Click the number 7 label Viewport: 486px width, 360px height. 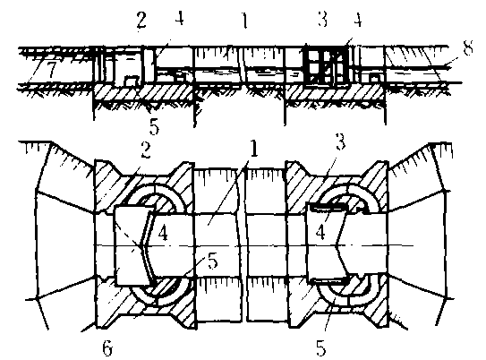(x=50, y=70)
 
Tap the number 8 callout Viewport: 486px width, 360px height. (x=467, y=48)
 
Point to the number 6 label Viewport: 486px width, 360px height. (x=107, y=347)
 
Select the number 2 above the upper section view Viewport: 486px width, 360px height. (x=141, y=21)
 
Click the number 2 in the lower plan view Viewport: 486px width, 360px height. (x=145, y=150)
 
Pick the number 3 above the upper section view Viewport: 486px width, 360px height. (x=322, y=19)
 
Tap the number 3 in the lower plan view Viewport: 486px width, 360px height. (x=340, y=142)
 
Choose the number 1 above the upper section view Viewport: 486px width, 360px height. (x=245, y=21)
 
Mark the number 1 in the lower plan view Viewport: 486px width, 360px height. (x=254, y=150)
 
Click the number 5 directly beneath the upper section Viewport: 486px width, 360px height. (x=154, y=126)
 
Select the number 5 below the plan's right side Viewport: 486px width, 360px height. (x=320, y=347)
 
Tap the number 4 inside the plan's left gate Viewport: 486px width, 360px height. (x=163, y=233)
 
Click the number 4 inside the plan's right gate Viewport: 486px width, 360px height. (x=320, y=232)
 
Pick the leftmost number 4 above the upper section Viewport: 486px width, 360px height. (x=179, y=19)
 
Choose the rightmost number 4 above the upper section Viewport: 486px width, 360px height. (x=358, y=20)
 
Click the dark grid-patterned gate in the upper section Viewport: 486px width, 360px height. (x=325, y=64)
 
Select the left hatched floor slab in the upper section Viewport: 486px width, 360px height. (x=144, y=92)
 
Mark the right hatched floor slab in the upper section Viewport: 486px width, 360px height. (x=335, y=93)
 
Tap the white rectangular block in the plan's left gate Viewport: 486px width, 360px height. (x=132, y=245)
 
